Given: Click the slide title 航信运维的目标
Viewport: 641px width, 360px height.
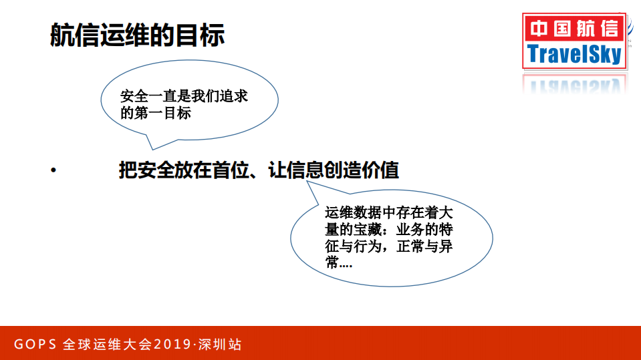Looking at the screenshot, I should [x=137, y=34].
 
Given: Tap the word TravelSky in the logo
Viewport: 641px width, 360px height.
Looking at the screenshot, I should [x=575, y=53].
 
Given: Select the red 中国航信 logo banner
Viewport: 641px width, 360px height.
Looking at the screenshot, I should [x=575, y=29].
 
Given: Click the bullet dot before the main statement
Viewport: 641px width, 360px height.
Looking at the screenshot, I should [x=53, y=170].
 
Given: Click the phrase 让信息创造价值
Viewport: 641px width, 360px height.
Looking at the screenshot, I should [x=334, y=170].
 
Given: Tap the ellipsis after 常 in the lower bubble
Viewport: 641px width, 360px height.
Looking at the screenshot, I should [x=346, y=264].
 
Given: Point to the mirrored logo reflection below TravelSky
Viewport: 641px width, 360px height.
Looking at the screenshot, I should [x=575, y=83].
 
